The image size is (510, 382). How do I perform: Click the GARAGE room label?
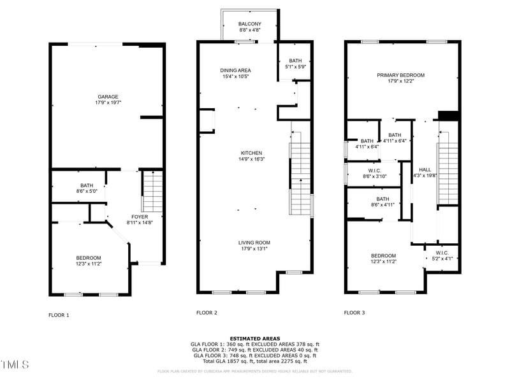(108, 97)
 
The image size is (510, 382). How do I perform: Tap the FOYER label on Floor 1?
(140, 217)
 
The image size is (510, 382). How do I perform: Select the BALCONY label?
(249, 24)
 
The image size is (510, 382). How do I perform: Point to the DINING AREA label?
(235, 70)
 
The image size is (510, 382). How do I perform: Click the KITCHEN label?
(251, 153)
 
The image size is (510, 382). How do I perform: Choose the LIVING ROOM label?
(254, 243)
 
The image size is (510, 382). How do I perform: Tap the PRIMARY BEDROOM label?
(400, 75)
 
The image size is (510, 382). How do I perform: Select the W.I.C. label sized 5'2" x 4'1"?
(442, 253)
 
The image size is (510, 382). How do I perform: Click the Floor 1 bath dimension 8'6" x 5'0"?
(69, 190)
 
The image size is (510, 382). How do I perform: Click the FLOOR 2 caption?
(207, 313)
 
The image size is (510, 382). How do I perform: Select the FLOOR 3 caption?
(354, 313)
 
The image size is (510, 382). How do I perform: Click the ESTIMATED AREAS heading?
(254, 339)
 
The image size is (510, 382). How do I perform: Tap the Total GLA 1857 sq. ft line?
(254, 361)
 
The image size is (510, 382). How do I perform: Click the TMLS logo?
(14, 365)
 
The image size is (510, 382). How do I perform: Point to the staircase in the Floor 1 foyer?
(152, 192)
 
